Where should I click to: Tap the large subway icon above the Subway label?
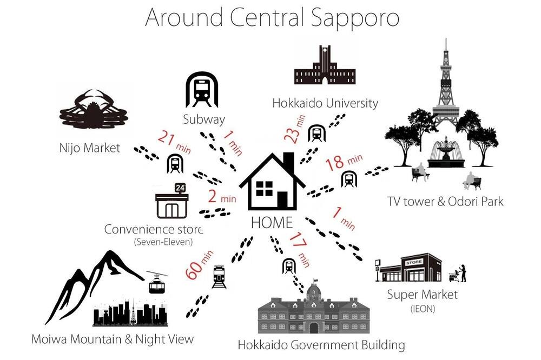202,90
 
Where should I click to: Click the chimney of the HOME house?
288,163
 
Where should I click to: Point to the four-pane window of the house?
265,189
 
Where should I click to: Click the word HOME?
272,222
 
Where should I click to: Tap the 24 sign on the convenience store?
180,188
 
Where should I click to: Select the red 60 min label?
199,265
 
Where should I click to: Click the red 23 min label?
294,129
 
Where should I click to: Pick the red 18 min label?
344,162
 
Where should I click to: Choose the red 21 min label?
174,142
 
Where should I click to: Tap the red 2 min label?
222,197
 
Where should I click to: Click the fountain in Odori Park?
446,153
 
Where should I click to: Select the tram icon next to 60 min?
220,277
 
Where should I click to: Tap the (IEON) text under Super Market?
423,309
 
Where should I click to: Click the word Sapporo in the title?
355,18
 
